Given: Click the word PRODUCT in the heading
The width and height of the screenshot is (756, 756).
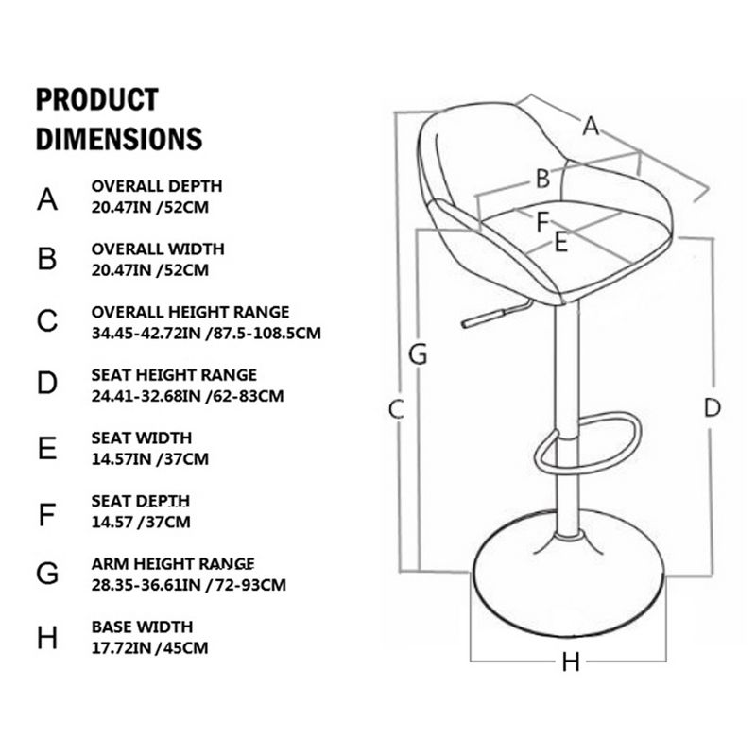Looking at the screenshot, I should pos(96,99).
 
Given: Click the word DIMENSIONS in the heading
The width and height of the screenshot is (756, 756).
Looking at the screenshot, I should pos(119,138).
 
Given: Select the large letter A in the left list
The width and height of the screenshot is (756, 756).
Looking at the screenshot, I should pos(48,198).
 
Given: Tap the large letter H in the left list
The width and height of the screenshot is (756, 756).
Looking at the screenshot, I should pos(48,638).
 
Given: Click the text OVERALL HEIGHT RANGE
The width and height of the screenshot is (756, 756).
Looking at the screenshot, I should pos(190,312).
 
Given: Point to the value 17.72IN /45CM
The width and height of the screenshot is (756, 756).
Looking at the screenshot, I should pos(149,647).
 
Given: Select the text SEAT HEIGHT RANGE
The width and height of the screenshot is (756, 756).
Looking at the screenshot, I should pos(174,375).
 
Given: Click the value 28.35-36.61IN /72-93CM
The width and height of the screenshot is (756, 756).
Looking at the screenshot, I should pos(188,584).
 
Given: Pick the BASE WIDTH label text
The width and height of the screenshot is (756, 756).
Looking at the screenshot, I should pos(143,627).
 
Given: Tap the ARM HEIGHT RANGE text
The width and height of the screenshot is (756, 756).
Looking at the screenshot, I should pos(173,564).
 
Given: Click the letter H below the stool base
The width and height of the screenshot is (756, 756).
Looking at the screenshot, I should pos(570,662).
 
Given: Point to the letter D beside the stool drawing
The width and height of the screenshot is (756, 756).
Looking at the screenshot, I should pos(712,408).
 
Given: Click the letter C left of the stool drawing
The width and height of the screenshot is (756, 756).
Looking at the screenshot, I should pos(397,410).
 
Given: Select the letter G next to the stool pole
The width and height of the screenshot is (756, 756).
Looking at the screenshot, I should pos(418,356).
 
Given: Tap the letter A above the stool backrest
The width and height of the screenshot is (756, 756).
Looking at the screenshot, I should pos(591,125).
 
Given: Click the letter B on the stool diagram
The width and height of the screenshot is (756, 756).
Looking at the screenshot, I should pos(542,177).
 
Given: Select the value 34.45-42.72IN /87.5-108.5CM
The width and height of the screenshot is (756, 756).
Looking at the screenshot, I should pos(207,333).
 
